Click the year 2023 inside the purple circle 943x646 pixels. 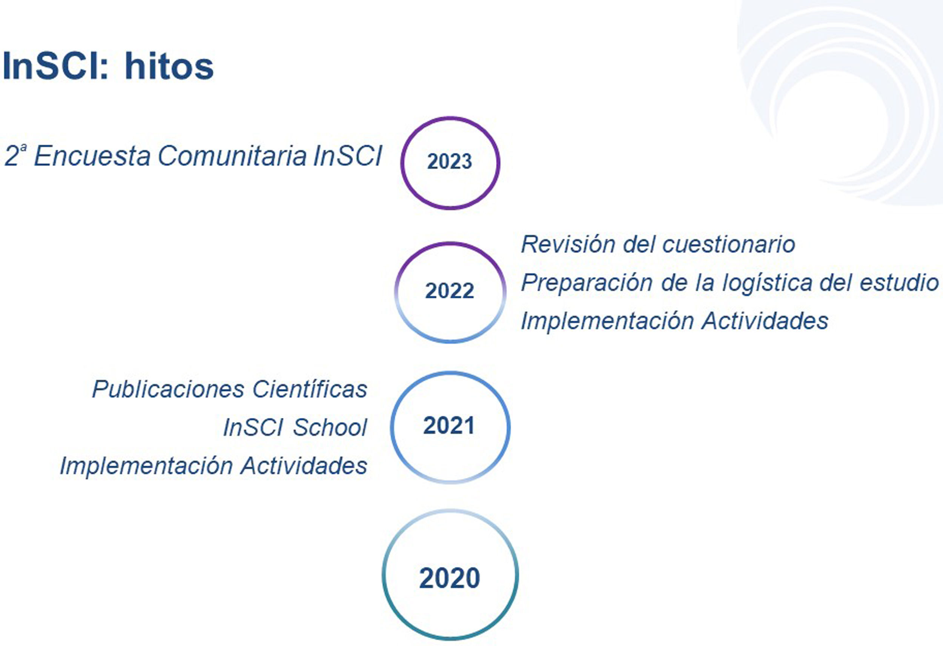pos(450,162)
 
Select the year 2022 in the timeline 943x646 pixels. pos(450,291)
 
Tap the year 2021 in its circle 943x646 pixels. pos(449,426)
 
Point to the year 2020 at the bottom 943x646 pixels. pos(450,578)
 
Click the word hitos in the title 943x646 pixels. pos(169,66)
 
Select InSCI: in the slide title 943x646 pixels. pos(56,66)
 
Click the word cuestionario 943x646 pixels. pos(729,245)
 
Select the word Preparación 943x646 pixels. pos(588,282)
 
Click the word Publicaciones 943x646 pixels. pos(168,389)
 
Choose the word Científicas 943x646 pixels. pos(310,389)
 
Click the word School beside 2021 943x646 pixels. pos(330,427)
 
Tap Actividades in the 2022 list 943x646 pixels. pos(765,321)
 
